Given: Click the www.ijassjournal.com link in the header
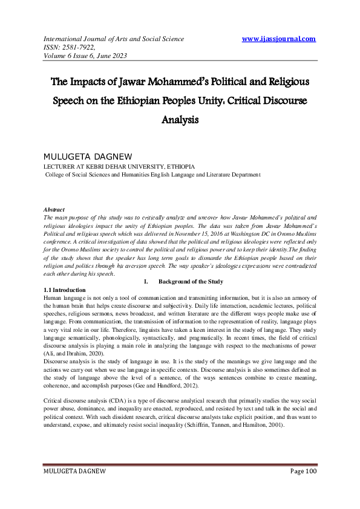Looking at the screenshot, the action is [x=278, y=39].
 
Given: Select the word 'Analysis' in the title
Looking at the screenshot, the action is [x=180, y=119].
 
